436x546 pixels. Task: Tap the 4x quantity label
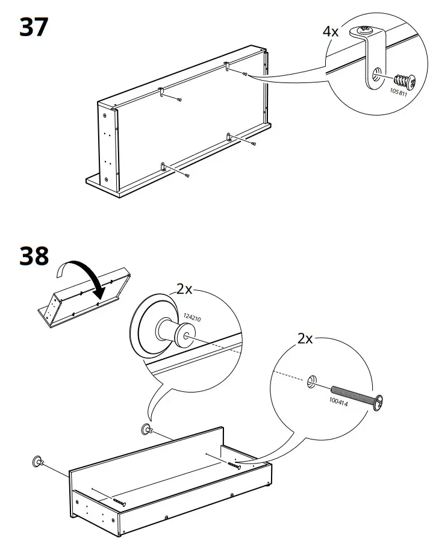coord(331,31)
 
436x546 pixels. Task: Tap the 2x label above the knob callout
coord(184,289)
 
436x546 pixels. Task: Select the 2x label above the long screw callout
coord(306,338)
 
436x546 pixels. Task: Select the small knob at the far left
coord(37,462)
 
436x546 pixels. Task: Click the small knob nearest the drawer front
coord(146,429)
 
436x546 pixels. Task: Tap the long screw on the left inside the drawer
coord(119,501)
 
